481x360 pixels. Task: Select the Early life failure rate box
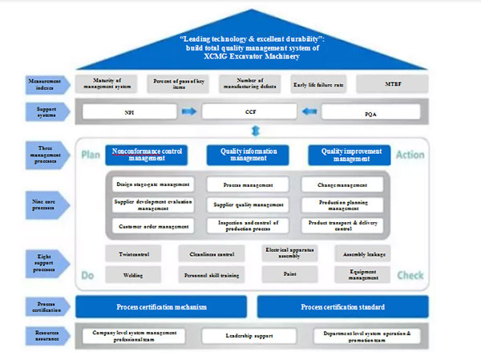[x=319, y=83]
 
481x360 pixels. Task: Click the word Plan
[x=90, y=153]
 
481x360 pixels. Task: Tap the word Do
[x=87, y=276]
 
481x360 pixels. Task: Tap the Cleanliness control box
[x=211, y=253]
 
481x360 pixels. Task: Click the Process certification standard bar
[x=342, y=306]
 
